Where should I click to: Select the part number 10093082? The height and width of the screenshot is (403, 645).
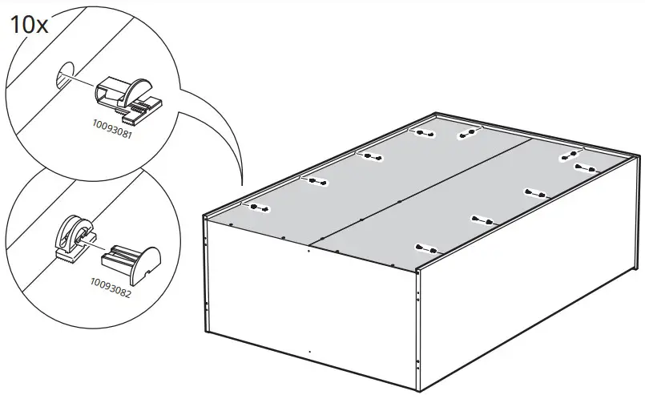point(110,282)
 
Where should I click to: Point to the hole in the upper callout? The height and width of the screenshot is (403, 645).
point(63,79)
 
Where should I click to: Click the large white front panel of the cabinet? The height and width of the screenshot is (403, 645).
point(308,304)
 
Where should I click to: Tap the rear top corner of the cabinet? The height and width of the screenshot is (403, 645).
point(434,114)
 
